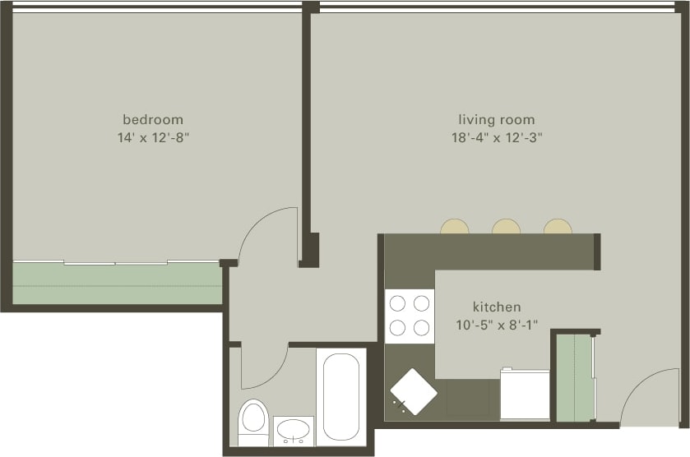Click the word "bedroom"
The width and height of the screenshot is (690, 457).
click(x=153, y=120)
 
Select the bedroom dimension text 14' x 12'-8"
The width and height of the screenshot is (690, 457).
click(x=153, y=138)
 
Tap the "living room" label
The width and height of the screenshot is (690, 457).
click(x=496, y=120)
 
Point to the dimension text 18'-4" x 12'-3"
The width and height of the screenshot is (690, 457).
click(x=496, y=138)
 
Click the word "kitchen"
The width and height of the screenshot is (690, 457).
click(x=496, y=307)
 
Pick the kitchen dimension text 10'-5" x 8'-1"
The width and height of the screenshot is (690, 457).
click(x=496, y=325)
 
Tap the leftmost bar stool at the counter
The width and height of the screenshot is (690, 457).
click(x=455, y=227)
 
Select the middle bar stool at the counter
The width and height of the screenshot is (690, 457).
click(x=506, y=227)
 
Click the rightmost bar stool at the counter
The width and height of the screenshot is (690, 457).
click(x=558, y=227)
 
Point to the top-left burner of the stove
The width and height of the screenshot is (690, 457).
click(x=396, y=303)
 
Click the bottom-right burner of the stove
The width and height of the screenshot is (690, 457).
click(x=422, y=328)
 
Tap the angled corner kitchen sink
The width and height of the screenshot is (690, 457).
click(x=413, y=392)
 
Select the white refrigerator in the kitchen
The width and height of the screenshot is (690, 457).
click(x=525, y=395)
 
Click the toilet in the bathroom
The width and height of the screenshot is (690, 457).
click(x=252, y=419)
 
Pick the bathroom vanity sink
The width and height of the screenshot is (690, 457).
click(x=294, y=430)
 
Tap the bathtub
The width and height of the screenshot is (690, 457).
click(x=341, y=396)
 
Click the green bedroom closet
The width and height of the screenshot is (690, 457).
click(x=117, y=284)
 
